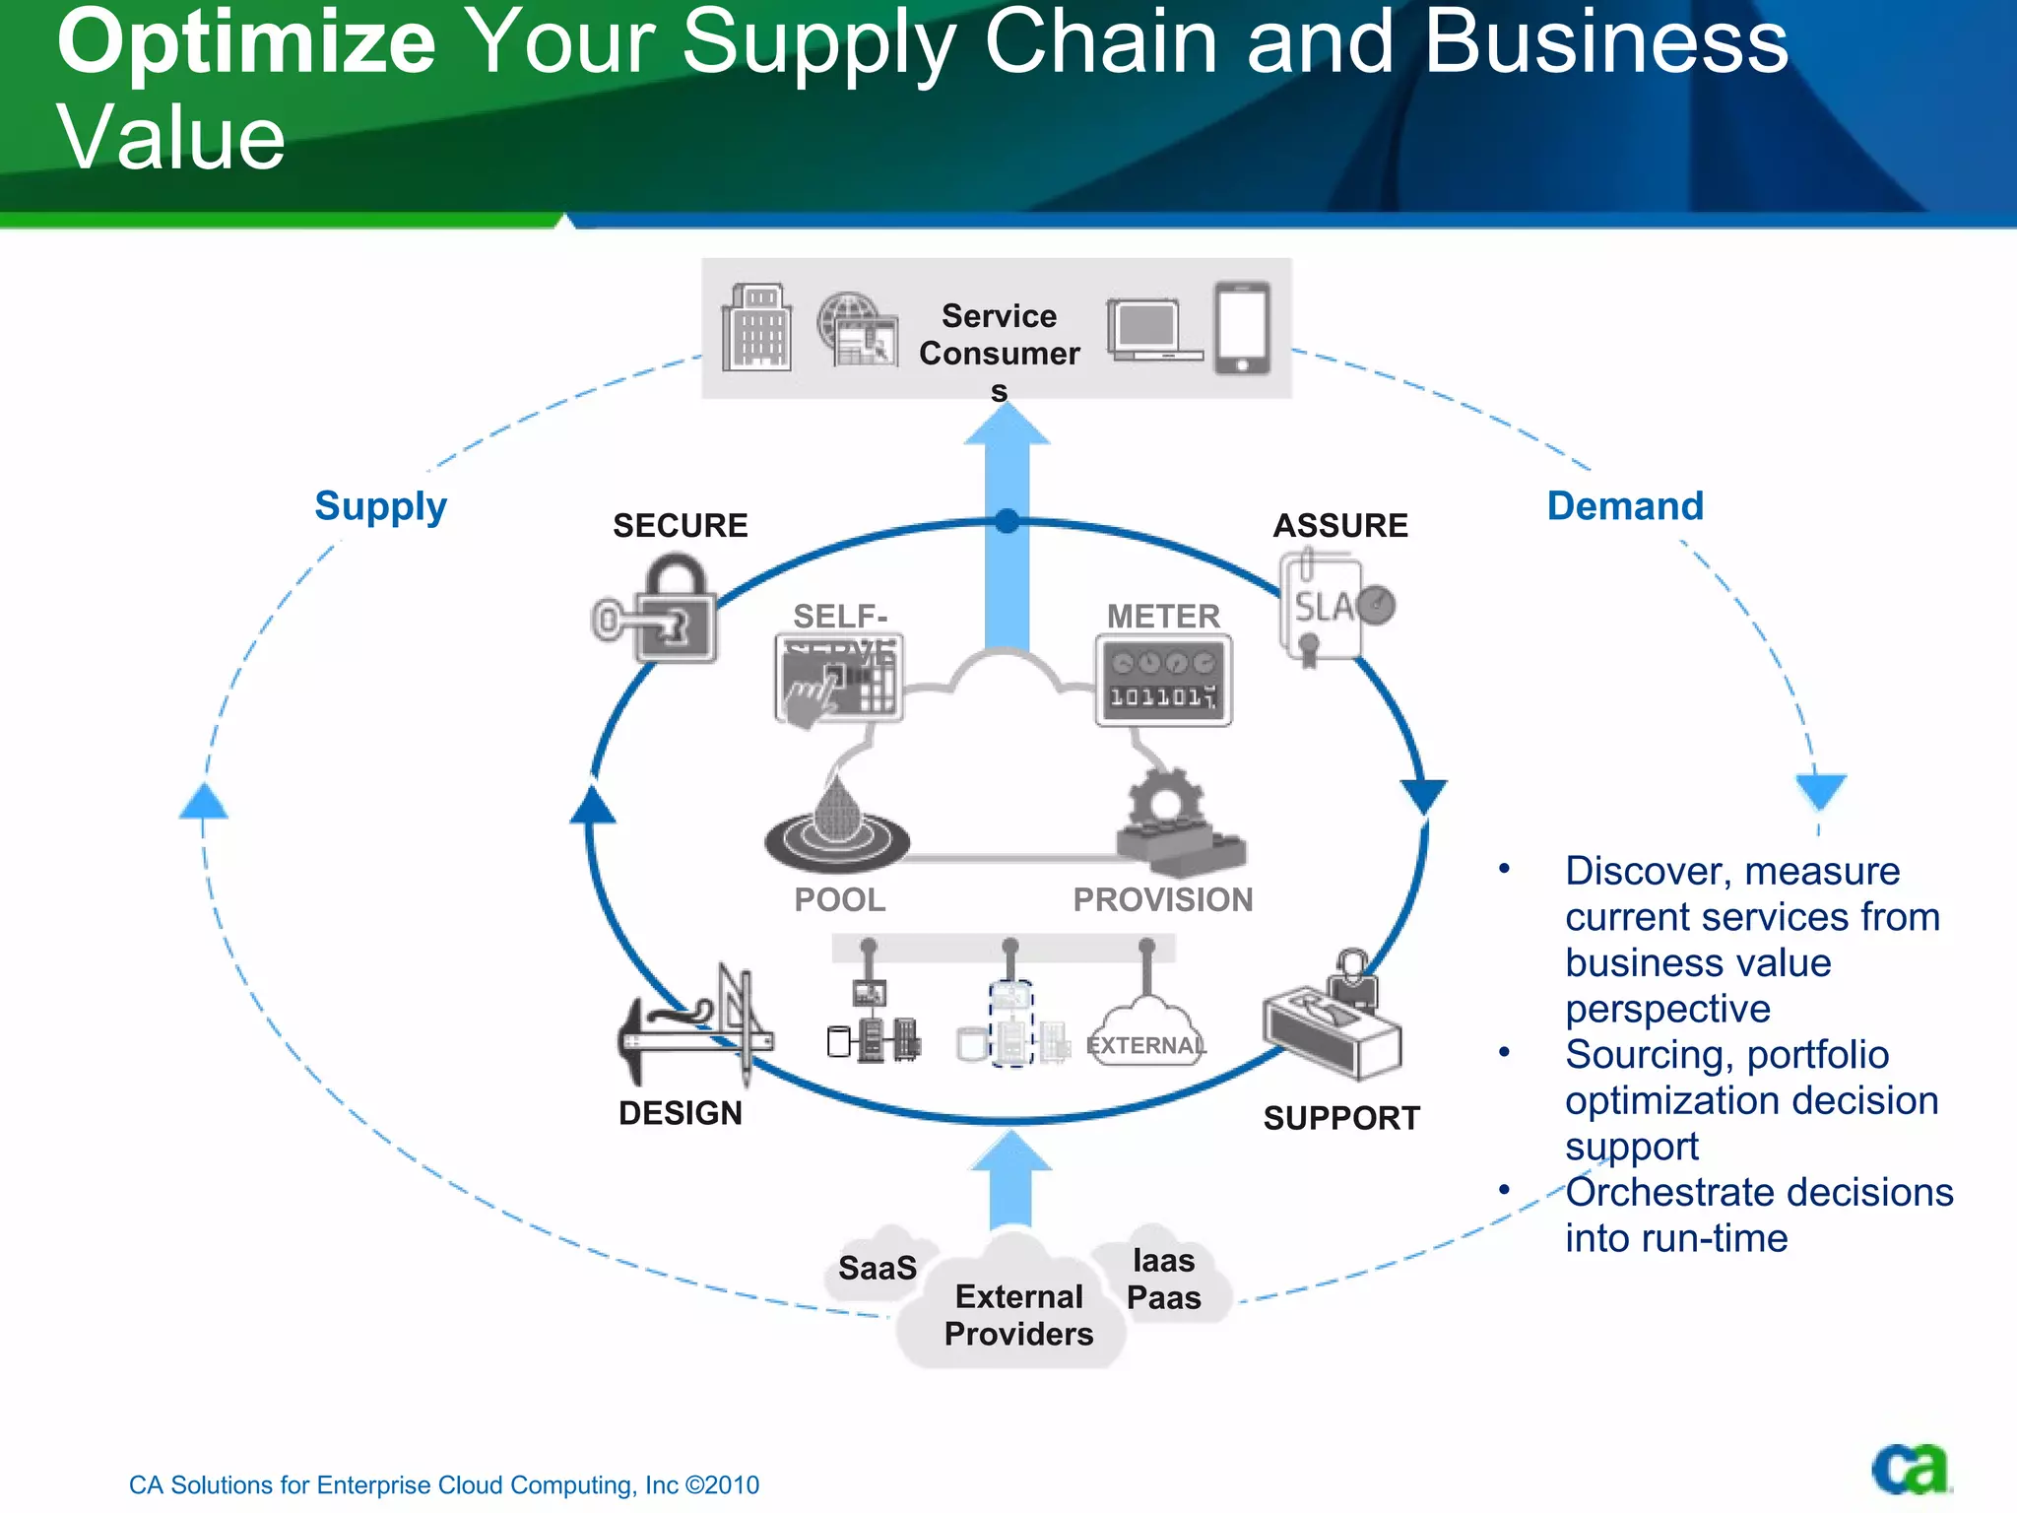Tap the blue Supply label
(x=380, y=506)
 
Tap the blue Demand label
(x=1625, y=506)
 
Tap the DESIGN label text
(x=680, y=1113)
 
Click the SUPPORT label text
(x=1341, y=1118)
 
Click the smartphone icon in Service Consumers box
(x=1242, y=328)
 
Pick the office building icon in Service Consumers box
(x=756, y=328)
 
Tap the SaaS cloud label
(x=877, y=1268)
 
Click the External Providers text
(x=1018, y=1315)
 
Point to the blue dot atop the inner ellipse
(x=1007, y=521)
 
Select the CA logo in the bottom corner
(x=1910, y=1469)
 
